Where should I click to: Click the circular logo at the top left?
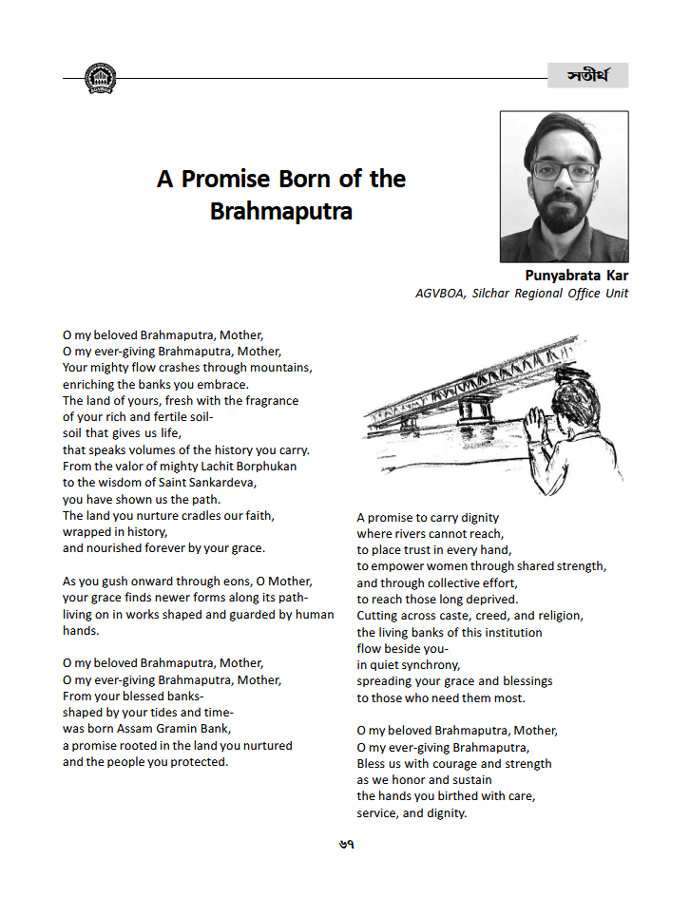100,78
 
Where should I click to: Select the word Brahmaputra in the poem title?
280,211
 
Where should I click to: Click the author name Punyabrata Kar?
576,277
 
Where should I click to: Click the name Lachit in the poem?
218,467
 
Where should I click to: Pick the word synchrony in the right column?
429,665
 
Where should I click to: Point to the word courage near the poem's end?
426,764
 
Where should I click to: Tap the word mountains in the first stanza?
279,368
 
